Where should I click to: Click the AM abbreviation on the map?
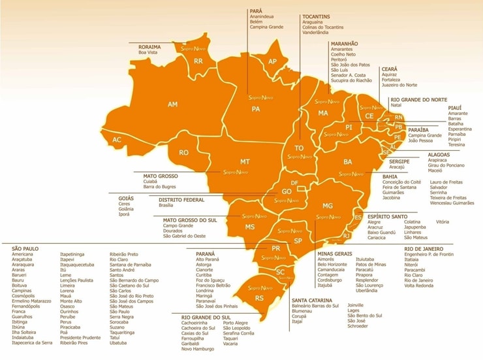pyautogui.click(x=172, y=105)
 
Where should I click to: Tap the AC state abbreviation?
pyautogui.click(x=117, y=140)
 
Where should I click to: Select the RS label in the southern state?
pyautogui.click(x=259, y=298)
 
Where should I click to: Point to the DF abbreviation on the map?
pyautogui.click(x=294, y=183)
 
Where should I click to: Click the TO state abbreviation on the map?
pyautogui.click(x=300, y=148)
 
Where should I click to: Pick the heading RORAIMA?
pyautogui.click(x=150, y=47)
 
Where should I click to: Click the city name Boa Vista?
pyautogui.click(x=148, y=53)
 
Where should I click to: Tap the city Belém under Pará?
pyautogui.click(x=256, y=22)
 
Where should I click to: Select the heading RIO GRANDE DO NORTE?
pyautogui.click(x=418, y=99)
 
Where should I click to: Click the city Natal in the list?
pyautogui.click(x=396, y=105)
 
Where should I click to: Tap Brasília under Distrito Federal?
pyautogui.click(x=166, y=205)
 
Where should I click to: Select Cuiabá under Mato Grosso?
pyautogui.click(x=152, y=182)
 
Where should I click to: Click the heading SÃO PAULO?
pyautogui.click(x=27, y=248)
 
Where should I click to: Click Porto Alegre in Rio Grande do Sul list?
pyautogui.click(x=236, y=323)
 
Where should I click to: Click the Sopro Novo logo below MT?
pyautogui.click(x=236, y=172)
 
